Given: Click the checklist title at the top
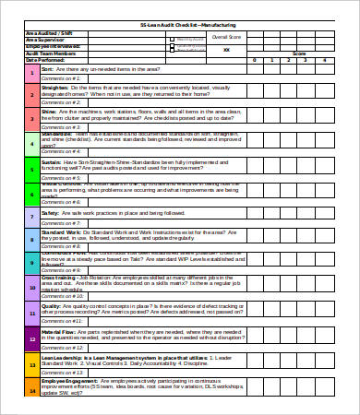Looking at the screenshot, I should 179,25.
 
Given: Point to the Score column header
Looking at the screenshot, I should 299,53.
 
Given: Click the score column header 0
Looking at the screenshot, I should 254,59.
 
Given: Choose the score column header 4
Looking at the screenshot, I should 323,59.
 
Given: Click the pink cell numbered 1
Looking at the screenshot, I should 31,72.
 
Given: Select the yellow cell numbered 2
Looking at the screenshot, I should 31,93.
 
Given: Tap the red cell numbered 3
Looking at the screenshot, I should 31,118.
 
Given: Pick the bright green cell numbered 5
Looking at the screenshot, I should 31,168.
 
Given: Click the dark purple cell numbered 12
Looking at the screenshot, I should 31,337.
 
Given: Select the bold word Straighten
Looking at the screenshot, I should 54,87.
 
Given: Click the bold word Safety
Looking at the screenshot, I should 51,212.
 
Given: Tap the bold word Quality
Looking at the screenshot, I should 52,304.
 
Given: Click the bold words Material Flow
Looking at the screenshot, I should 57,330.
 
